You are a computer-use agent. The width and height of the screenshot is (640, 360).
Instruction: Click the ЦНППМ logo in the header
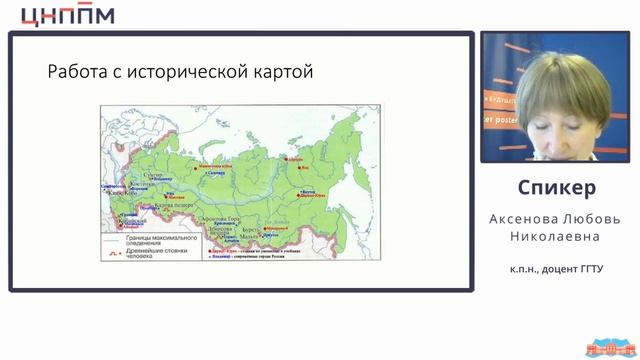[x=67, y=15]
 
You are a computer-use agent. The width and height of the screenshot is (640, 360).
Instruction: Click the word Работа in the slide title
[x=77, y=72]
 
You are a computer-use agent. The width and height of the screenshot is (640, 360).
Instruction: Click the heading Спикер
[x=557, y=189]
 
